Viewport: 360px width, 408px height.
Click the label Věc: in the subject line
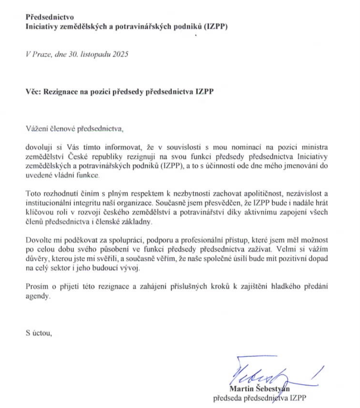pos(34,92)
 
